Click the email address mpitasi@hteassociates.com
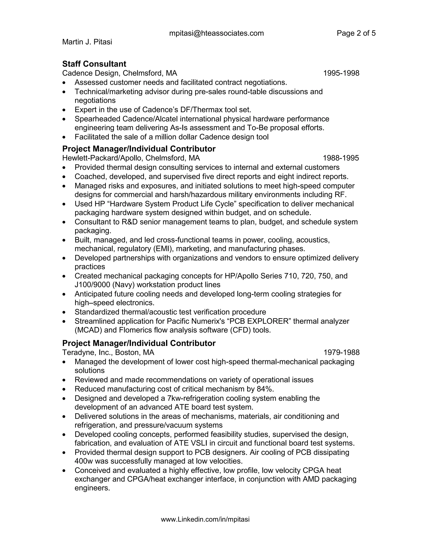point(216,33)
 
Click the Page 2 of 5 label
point(356,33)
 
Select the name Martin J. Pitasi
point(87,42)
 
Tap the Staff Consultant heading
point(94,64)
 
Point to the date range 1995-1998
point(341,73)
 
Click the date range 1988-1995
point(341,158)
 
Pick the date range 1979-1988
point(341,353)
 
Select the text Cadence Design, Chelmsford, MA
point(120,73)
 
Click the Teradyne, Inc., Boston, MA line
point(108,353)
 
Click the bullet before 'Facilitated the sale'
point(65,137)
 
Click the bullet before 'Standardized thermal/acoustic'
point(65,312)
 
